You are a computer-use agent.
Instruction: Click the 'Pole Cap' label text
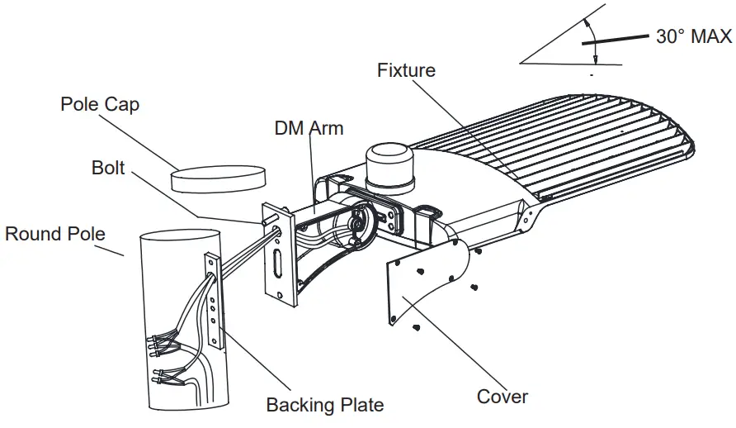(x=100, y=105)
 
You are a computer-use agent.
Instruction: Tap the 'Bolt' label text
(x=108, y=168)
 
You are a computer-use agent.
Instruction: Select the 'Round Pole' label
(x=55, y=234)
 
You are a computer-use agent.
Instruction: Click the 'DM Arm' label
(x=309, y=129)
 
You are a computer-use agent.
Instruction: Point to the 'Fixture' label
(x=406, y=70)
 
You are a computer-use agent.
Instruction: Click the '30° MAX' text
(x=693, y=36)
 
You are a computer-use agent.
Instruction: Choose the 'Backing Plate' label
(x=324, y=405)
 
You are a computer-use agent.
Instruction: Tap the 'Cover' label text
(x=502, y=397)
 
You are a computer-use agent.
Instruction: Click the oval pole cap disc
(x=219, y=178)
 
